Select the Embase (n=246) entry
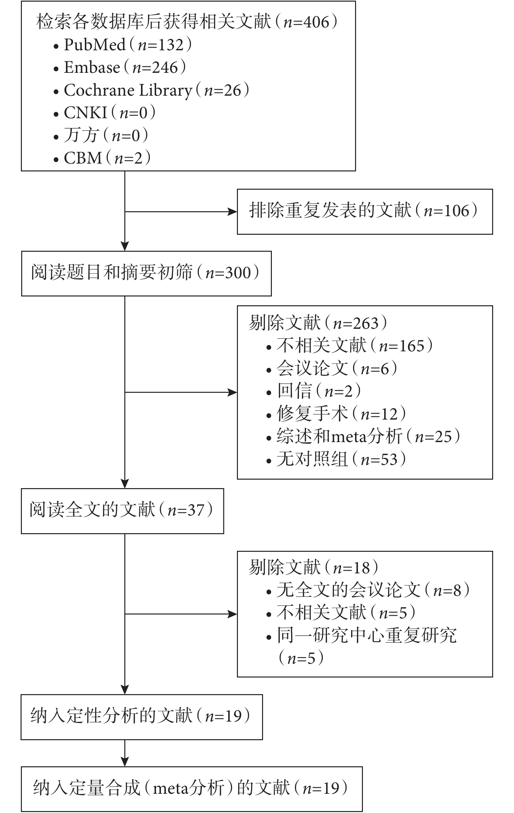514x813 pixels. [120, 68]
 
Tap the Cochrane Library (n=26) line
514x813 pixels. [151, 90]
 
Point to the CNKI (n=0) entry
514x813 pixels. [105, 113]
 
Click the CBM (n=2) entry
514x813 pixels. [102, 158]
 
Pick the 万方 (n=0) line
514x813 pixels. [101, 135]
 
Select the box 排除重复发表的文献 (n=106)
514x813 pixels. [365, 212]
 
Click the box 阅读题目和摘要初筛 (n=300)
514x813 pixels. [147, 274]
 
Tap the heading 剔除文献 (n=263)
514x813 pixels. [318, 323]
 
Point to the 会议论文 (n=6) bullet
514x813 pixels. [332, 368]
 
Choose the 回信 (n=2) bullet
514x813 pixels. [314, 391]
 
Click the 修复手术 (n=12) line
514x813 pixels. [336, 414]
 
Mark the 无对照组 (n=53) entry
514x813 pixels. [336, 459]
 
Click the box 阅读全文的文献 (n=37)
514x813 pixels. [122, 511]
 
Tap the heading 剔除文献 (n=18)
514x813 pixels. [314, 567]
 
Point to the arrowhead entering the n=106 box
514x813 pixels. [233, 212]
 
